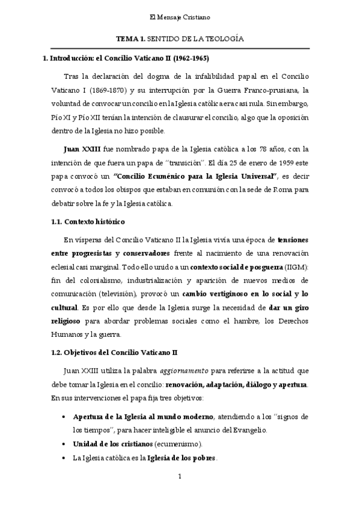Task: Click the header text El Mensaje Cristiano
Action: (x=180, y=18)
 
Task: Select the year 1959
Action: (x=254, y=162)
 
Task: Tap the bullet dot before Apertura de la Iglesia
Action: (x=64, y=417)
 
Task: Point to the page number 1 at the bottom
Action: (x=180, y=494)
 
